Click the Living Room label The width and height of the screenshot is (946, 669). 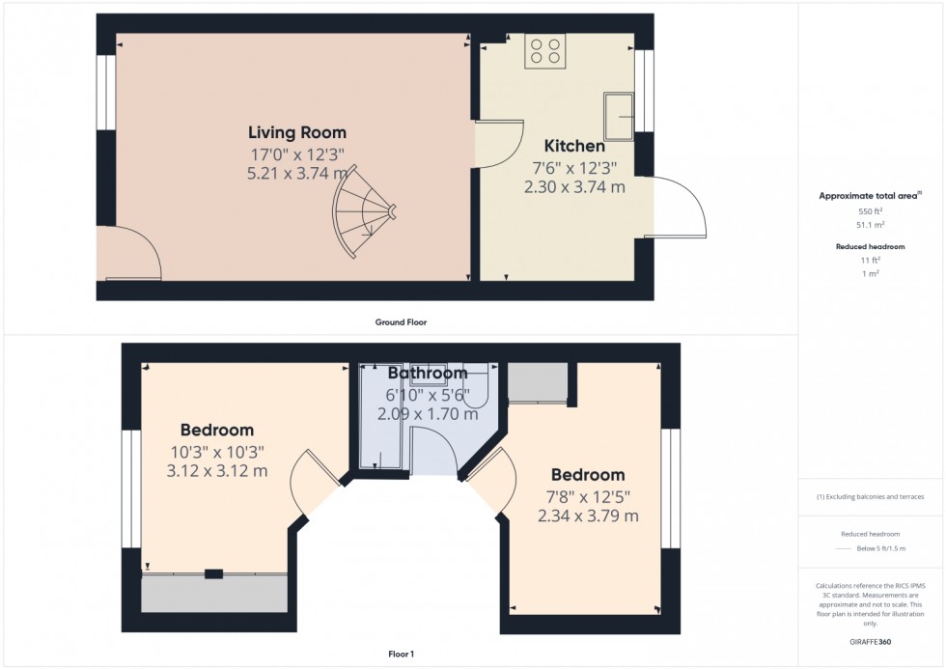point(297,132)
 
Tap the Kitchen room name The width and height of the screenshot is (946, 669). point(574,146)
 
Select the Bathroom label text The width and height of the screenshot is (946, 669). point(428,373)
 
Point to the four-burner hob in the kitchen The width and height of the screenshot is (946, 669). point(544,50)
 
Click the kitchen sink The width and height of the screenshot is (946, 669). point(619,116)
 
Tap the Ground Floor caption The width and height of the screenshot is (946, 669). point(401,322)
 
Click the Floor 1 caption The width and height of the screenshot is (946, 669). point(402,654)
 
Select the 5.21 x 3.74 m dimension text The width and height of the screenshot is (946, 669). point(297,174)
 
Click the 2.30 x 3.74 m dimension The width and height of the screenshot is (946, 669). point(574,187)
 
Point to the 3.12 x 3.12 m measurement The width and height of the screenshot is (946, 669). point(217,470)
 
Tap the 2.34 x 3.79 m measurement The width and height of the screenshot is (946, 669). point(588,516)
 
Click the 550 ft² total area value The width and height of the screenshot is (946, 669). point(870,211)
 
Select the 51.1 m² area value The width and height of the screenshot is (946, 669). point(870,225)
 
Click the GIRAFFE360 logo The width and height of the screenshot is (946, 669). point(870,642)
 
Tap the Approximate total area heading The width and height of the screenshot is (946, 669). point(870,195)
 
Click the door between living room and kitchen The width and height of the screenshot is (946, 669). point(500,144)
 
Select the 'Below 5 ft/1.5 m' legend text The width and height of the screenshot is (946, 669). point(880,549)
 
